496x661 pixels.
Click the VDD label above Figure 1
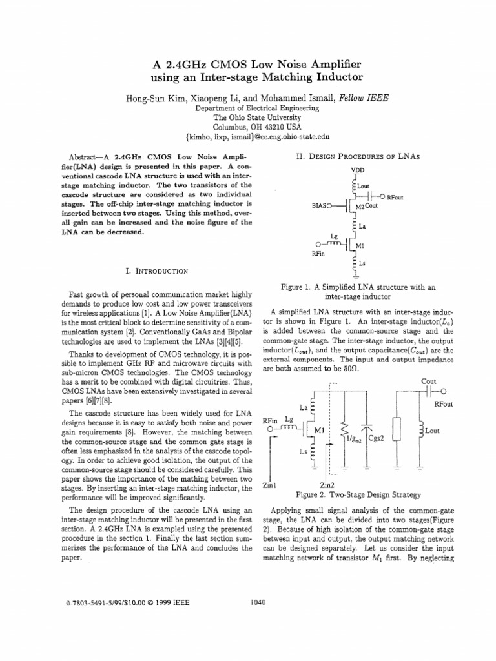tap(357, 170)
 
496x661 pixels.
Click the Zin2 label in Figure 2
tap(328, 485)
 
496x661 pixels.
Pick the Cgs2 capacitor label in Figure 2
tap(377, 438)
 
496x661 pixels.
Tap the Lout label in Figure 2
tap(433, 431)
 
